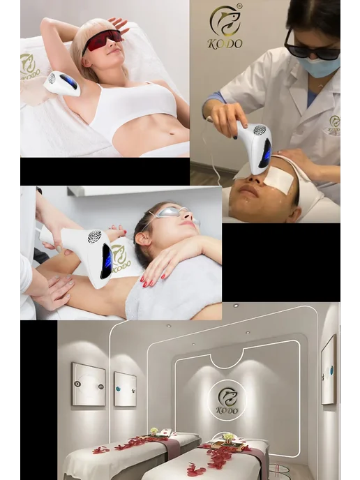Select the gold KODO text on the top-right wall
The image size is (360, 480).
(225, 43)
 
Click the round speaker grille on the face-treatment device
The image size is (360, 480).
(260, 130)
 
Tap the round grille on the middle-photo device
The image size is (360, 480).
(95, 237)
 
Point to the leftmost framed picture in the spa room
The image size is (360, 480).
(89, 384)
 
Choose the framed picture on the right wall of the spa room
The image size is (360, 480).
(329, 370)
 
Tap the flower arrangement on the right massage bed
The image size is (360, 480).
(227, 437)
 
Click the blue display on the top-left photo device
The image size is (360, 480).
(69, 82)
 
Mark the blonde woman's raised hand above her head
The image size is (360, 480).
(118, 24)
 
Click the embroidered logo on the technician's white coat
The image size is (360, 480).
(335, 125)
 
